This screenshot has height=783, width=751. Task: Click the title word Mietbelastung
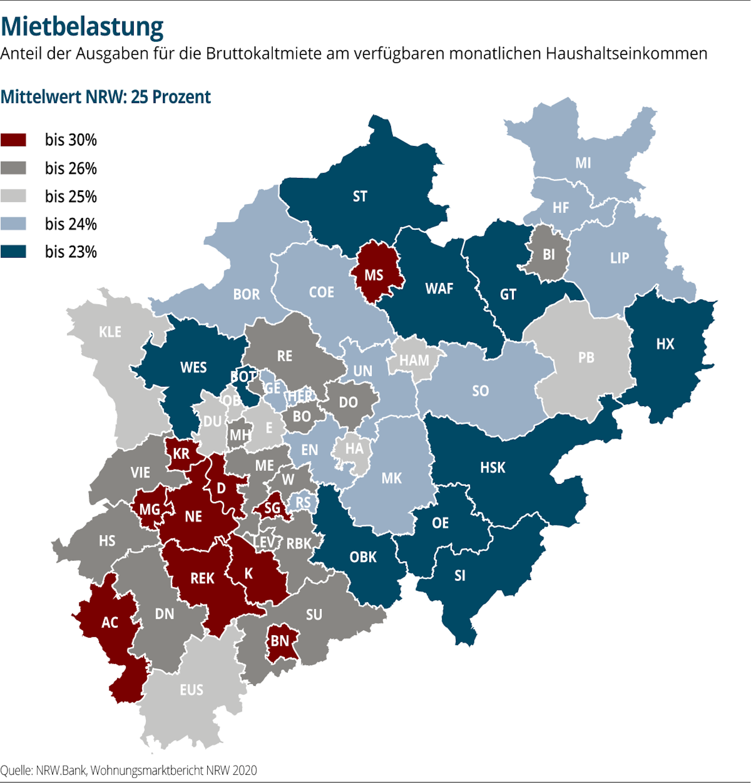click(82, 27)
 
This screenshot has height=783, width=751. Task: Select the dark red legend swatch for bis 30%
click(13, 140)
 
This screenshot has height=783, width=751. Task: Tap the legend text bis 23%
click(71, 252)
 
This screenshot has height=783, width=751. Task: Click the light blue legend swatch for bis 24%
click(13, 224)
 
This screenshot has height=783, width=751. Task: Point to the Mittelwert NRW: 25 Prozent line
click(106, 97)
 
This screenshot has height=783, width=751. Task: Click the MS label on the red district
click(374, 275)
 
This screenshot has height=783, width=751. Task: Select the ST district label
click(359, 196)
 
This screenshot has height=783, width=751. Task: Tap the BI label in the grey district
click(549, 255)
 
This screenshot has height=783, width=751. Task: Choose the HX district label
click(665, 344)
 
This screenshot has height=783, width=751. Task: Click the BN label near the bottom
click(280, 641)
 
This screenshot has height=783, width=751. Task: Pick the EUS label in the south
click(192, 690)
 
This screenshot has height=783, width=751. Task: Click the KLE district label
click(110, 332)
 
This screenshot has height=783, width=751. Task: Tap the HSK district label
click(493, 468)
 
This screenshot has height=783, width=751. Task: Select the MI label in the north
click(583, 163)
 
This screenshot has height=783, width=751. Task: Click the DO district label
click(348, 402)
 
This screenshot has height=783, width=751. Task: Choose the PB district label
click(586, 358)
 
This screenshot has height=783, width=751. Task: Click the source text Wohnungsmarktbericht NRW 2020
click(174, 770)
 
